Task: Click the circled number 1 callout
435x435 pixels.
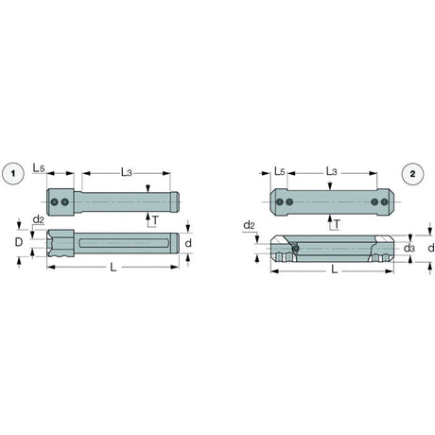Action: pyautogui.click(x=13, y=173)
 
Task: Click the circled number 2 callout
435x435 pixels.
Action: pyautogui.click(x=412, y=174)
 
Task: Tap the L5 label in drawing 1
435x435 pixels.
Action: pyautogui.click(x=39, y=168)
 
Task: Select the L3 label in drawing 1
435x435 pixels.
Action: pyautogui.click(x=127, y=172)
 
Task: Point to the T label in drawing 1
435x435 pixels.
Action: pyautogui.click(x=155, y=220)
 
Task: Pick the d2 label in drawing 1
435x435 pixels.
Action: pyautogui.click(x=39, y=219)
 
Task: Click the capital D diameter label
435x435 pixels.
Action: pyautogui.click(x=19, y=242)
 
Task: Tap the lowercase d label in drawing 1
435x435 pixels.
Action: pyautogui.click(x=188, y=243)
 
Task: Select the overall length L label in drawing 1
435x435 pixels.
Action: pyautogui.click(x=113, y=268)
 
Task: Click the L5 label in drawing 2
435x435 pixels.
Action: pyautogui.click(x=280, y=171)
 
